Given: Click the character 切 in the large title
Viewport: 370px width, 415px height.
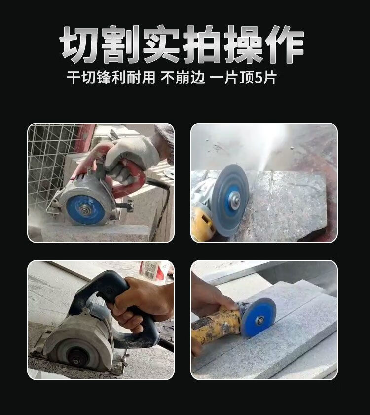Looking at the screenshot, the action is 80,44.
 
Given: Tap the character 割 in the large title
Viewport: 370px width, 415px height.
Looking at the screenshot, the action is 120,44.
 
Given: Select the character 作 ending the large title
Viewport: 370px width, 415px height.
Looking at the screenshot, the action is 284,44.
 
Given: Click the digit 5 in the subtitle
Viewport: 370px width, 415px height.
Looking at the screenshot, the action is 258,78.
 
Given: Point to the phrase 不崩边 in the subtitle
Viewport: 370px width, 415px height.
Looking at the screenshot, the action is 183,78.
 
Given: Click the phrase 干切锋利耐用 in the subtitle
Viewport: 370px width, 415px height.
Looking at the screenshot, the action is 111,78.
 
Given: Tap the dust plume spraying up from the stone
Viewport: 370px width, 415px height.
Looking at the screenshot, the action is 267,148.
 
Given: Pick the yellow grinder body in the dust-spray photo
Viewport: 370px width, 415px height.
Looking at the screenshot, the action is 202,222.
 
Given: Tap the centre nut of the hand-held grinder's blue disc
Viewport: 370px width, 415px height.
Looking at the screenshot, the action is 259,321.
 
